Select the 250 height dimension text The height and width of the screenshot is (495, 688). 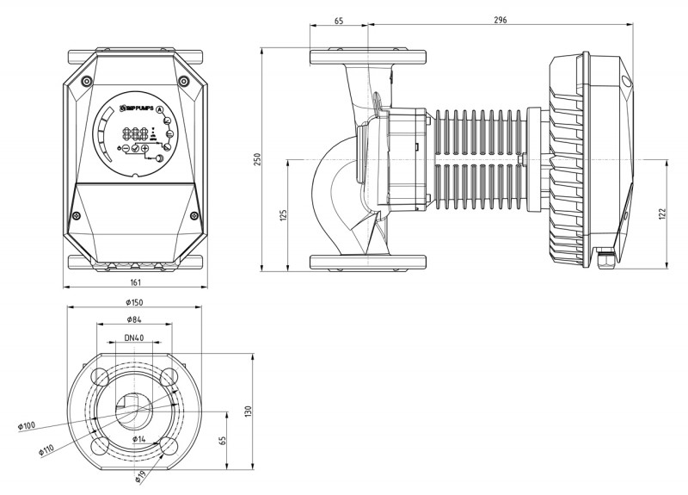(x=255, y=161)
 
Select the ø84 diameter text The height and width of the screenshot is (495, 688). (x=133, y=321)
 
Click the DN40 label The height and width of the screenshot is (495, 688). (x=133, y=338)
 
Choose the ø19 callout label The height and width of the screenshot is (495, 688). (x=139, y=476)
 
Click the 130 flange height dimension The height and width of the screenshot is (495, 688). (x=249, y=411)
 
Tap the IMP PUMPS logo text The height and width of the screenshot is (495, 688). (x=138, y=108)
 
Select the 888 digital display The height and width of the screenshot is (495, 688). (x=137, y=135)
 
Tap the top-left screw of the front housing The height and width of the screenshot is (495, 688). (x=86, y=80)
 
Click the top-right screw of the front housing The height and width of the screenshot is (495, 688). (x=183, y=80)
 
